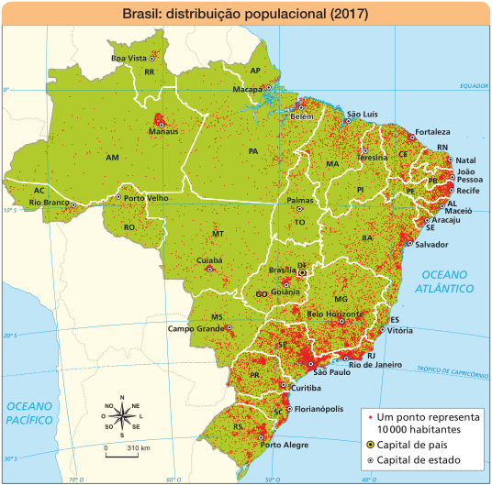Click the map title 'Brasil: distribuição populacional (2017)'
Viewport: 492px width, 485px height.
pos(245,15)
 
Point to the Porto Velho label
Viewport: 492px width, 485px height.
pos(146,197)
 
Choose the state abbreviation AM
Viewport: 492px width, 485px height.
pos(112,158)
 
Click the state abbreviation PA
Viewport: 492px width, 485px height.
pos(253,150)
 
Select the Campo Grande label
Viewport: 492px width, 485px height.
pos(196,327)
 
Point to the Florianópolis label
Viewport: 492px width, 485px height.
pos(320,409)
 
